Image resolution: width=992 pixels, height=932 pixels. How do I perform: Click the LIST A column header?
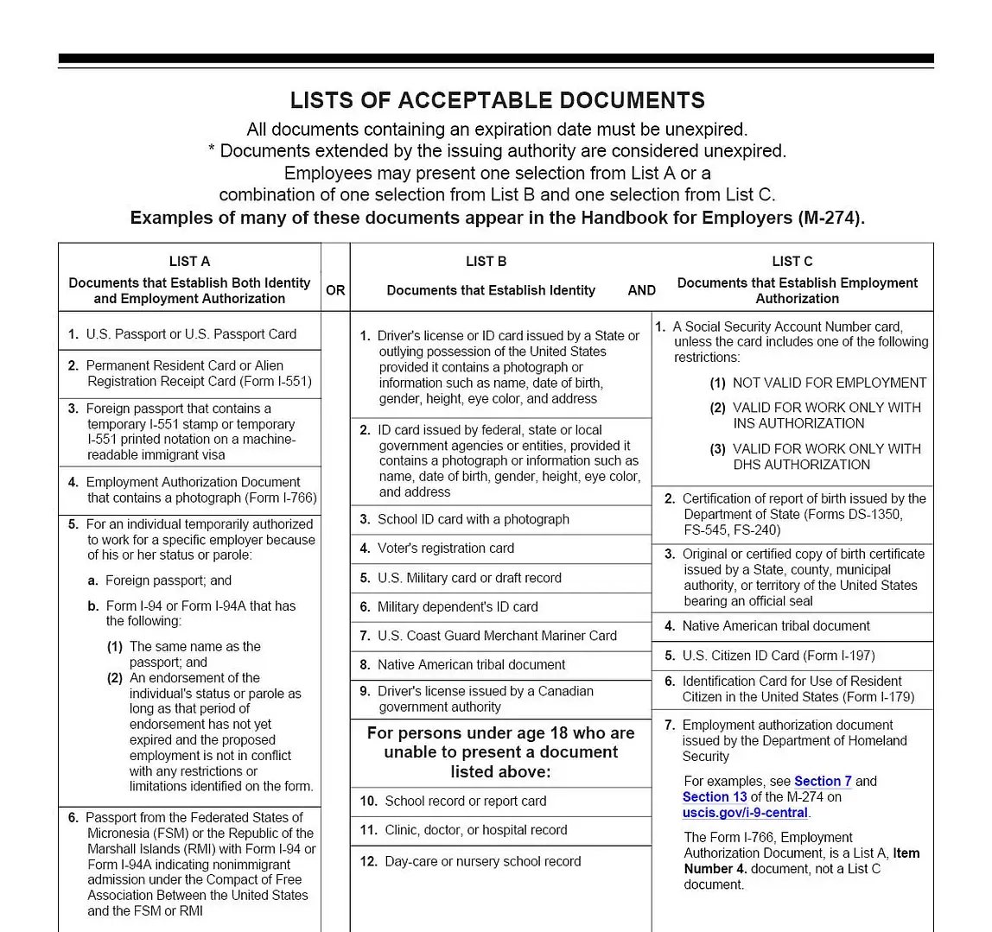click(189, 261)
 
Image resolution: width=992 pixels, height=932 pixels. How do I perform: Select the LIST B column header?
click(486, 261)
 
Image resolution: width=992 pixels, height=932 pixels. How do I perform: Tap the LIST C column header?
click(792, 261)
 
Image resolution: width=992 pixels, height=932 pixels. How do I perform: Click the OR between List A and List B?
click(335, 290)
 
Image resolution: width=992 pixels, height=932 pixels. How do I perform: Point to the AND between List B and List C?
click(641, 290)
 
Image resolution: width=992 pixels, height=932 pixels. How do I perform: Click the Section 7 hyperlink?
click(823, 781)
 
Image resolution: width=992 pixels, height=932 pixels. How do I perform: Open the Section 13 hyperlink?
click(715, 796)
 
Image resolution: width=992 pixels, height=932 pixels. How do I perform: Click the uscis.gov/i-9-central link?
click(745, 812)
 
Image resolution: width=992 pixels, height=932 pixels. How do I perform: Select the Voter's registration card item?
click(445, 548)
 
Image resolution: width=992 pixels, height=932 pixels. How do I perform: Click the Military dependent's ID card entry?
click(457, 607)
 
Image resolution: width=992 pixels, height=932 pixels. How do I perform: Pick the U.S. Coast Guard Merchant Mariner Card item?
click(497, 636)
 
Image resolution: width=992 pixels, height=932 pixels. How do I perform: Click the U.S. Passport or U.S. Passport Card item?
click(190, 334)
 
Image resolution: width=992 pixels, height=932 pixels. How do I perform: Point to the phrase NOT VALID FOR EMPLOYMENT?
click(829, 383)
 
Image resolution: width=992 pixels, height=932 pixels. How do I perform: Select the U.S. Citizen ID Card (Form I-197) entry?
click(778, 656)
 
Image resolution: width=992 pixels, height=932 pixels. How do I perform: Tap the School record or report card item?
click(465, 801)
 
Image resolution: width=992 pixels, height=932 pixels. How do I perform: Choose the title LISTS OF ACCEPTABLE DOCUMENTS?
click(497, 100)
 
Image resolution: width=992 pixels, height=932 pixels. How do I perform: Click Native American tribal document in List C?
click(775, 626)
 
